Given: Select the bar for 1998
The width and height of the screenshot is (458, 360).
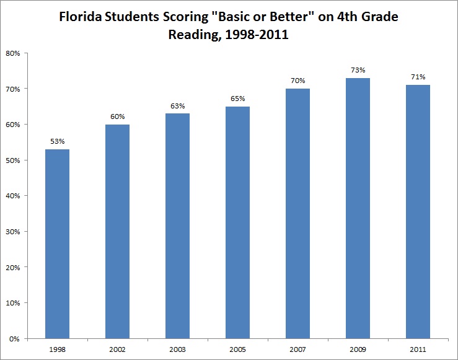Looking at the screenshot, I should [x=58, y=244].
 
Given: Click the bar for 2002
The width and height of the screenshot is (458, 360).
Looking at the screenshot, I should [x=118, y=232].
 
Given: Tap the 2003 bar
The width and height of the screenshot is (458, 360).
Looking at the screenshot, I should [x=178, y=226].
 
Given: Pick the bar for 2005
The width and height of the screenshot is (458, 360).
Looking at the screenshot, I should [x=238, y=222].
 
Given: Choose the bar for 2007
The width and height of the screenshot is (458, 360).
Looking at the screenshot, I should [x=298, y=214].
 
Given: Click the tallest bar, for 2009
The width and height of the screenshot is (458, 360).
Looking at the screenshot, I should [x=358, y=208].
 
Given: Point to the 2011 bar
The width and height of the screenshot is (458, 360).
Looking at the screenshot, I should [x=418, y=212].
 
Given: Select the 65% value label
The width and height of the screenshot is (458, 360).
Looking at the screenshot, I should [x=238, y=98].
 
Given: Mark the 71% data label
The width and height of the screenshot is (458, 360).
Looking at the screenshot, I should [x=418, y=76].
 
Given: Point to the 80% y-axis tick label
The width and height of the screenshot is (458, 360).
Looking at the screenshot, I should [x=14, y=53].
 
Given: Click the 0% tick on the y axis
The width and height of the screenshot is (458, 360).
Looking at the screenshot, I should [x=15, y=339].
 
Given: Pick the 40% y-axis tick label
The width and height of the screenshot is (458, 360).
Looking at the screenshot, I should [x=14, y=196].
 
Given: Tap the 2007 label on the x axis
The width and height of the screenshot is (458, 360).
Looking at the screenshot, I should [x=298, y=349].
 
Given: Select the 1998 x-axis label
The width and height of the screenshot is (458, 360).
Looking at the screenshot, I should [x=58, y=349].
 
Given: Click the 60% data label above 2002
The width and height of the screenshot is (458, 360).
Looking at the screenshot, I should [x=118, y=116].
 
